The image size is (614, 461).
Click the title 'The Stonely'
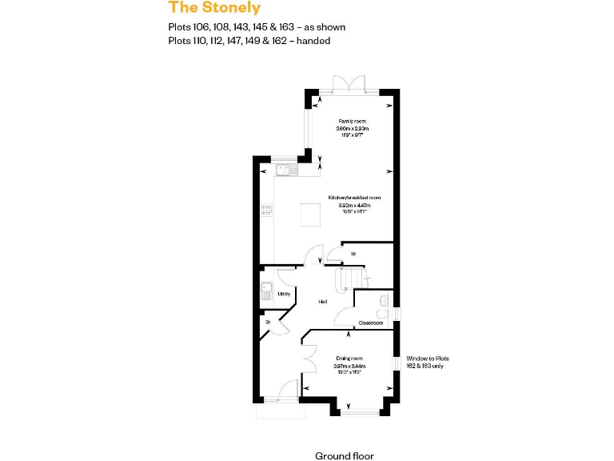[214, 8]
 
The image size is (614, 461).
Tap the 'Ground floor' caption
[344, 455]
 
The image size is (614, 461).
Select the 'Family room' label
[352, 121]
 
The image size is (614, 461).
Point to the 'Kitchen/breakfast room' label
[353, 197]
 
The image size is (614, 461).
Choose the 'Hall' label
[323, 302]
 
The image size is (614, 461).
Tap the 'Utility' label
[283, 294]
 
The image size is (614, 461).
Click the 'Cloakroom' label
[370, 323]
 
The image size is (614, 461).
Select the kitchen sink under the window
[284, 170]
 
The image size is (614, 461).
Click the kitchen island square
[311, 214]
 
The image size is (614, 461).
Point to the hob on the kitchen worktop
[266, 211]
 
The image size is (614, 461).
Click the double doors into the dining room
[308, 358]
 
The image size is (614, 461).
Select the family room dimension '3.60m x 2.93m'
[352, 129]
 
